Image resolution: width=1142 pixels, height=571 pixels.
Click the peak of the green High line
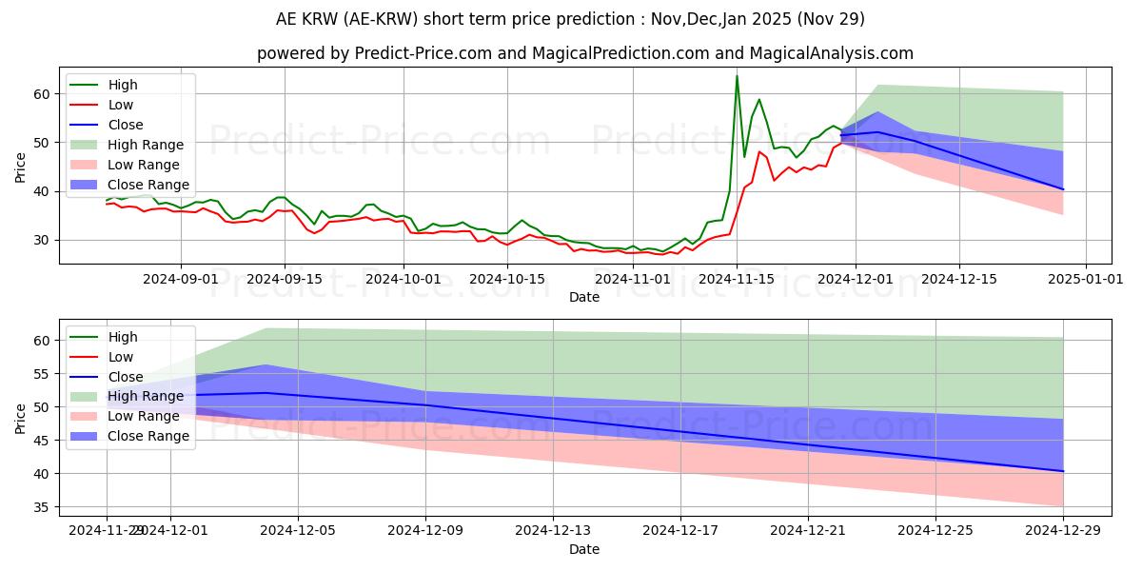point(737,76)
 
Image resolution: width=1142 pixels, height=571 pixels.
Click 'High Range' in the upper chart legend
point(146,145)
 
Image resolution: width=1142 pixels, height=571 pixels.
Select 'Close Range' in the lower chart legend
point(148,436)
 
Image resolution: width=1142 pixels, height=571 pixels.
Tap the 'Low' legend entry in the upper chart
point(121,105)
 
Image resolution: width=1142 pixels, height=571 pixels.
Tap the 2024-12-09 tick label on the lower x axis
point(425,530)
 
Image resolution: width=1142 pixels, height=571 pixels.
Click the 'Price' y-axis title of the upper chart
point(21,167)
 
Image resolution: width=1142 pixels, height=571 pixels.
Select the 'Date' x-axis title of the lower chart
point(584,549)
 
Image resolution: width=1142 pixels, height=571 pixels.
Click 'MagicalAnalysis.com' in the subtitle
point(831,53)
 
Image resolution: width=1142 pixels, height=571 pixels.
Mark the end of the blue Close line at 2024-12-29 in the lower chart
point(1062,471)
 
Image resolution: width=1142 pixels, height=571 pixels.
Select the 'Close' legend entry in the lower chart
point(126,377)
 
